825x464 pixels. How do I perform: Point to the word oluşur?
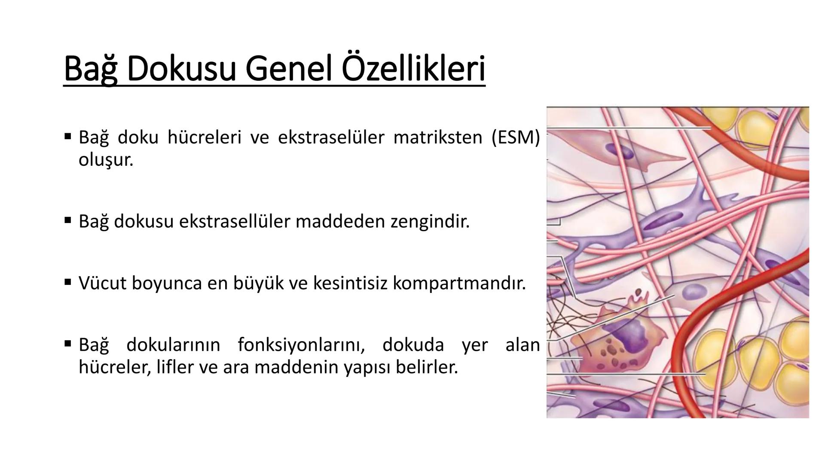click(106, 160)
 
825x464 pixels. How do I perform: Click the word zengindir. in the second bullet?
click(430, 221)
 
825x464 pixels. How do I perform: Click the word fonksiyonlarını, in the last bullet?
click(301, 345)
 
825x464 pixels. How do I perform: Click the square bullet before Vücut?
click(67, 282)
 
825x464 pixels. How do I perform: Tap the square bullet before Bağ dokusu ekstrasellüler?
click(67, 220)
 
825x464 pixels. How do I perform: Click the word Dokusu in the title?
click(181, 69)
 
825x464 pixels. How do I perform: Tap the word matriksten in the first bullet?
click(438, 137)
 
